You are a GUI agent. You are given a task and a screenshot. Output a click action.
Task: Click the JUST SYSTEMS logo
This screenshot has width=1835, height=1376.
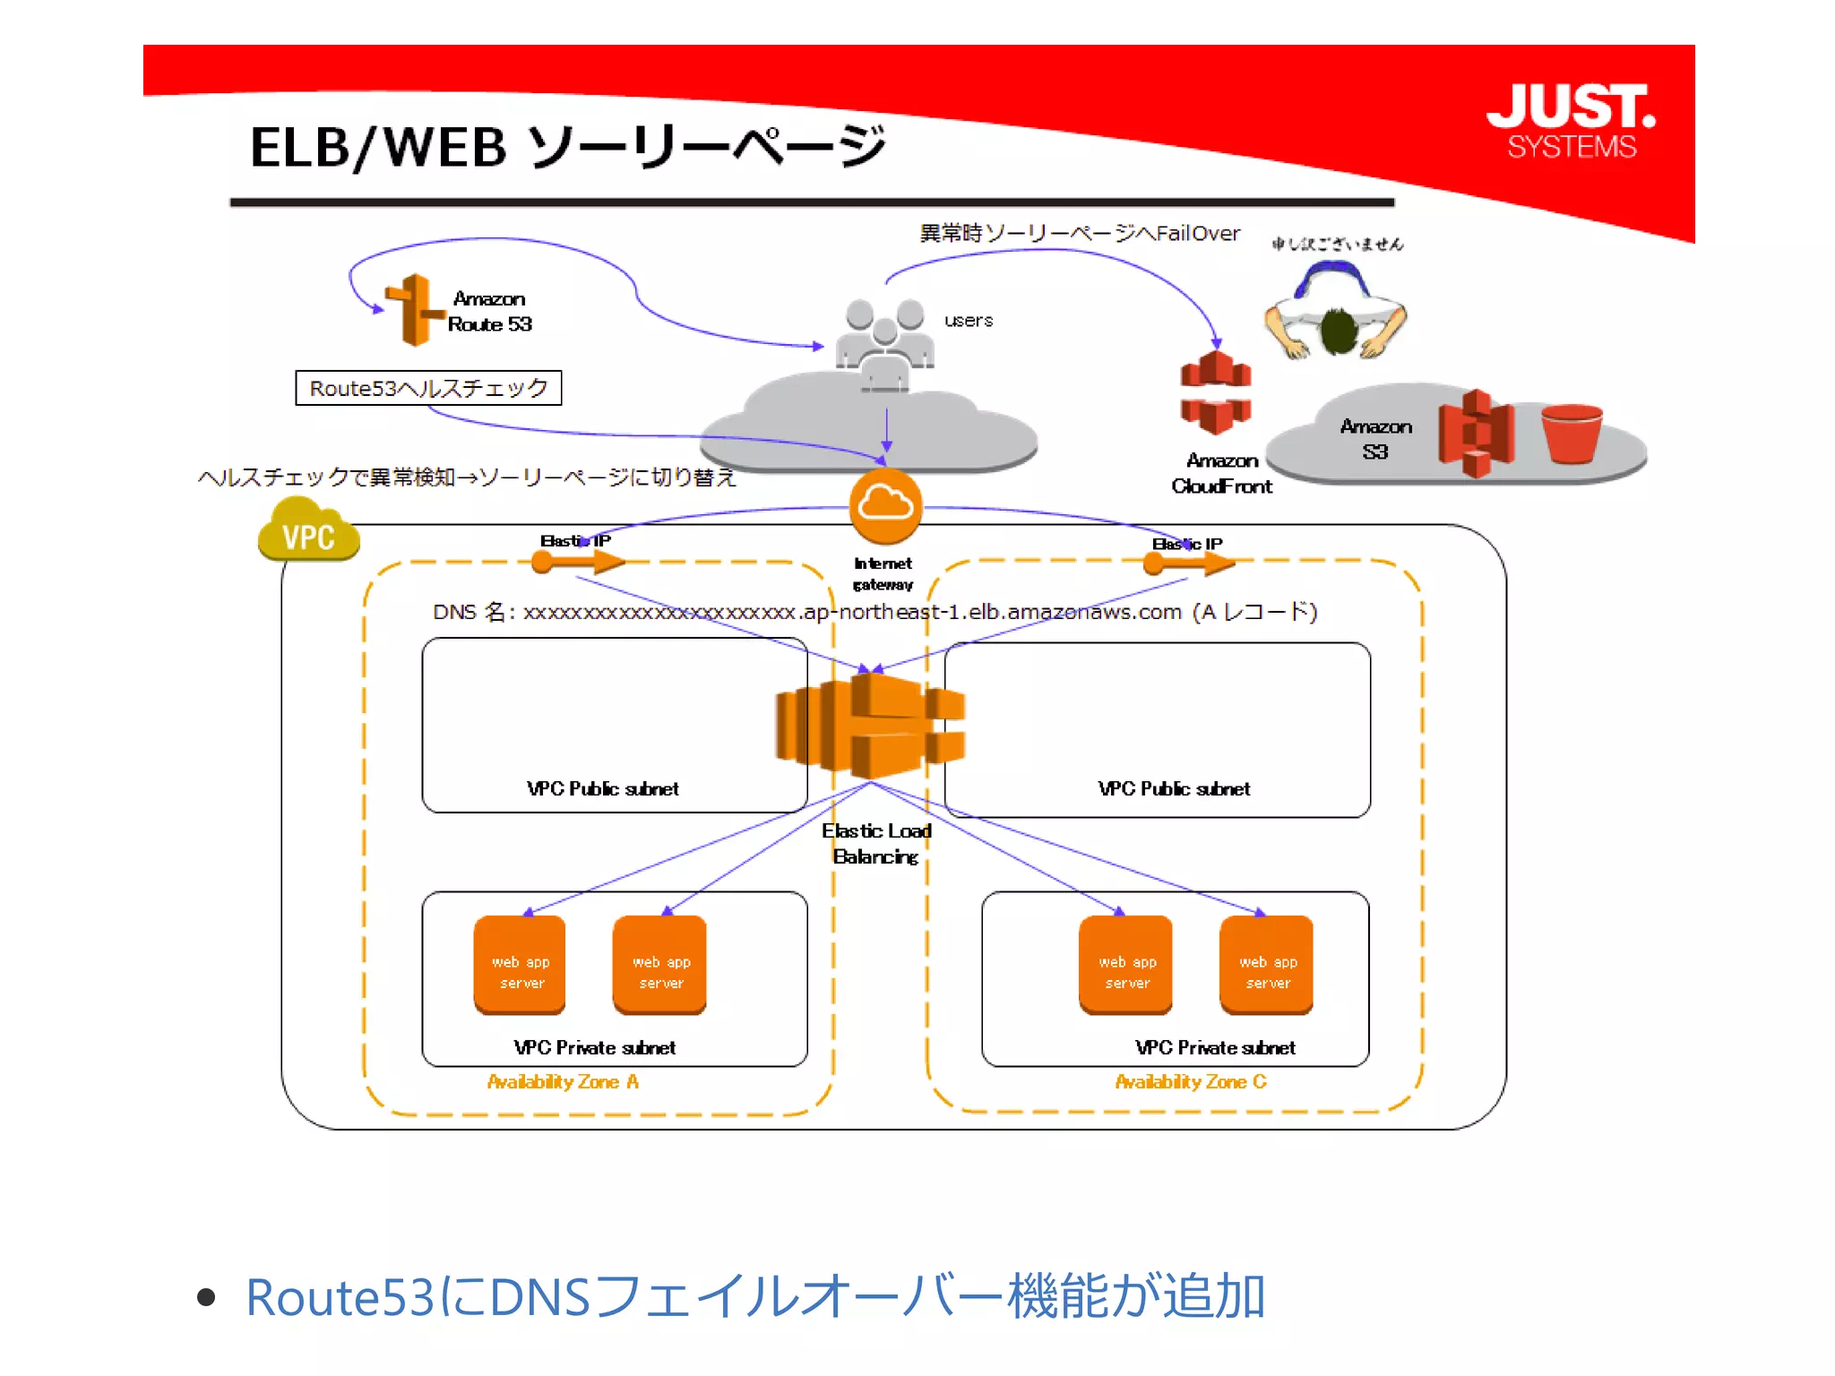(x=1571, y=121)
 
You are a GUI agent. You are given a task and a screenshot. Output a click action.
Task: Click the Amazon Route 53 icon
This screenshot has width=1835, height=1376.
(x=414, y=310)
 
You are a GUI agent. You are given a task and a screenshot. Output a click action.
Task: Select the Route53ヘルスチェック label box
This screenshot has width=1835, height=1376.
(x=428, y=388)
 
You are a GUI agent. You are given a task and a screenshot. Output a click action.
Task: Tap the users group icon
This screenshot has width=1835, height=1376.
(x=884, y=343)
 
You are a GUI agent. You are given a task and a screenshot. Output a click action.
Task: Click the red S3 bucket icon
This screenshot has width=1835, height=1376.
(x=1572, y=434)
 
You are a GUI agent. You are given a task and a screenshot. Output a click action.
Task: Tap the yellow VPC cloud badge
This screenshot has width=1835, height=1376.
(x=308, y=530)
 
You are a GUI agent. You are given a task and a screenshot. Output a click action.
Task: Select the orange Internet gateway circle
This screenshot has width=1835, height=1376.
(x=885, y=506)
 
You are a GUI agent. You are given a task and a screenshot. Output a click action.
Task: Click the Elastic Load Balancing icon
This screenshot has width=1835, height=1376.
(x=869, y=726)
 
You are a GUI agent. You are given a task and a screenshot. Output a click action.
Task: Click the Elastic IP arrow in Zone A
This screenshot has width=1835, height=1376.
(x=578, y=562)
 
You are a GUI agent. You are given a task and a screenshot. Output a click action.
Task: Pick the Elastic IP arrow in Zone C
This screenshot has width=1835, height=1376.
(x=1189, y=563)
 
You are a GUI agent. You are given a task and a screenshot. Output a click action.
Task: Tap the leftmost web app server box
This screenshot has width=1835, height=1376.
(x=520, y=964)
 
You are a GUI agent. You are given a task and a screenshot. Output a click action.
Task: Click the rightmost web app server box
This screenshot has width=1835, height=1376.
(x=1266, y=964)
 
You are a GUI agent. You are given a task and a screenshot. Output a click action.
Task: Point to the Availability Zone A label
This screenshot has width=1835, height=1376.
(x=563, y=1082)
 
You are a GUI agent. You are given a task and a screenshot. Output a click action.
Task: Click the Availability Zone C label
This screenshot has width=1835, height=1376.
(x=1190, y=1082)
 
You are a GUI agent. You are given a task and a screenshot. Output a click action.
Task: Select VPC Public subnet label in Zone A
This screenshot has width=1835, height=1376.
(x=602, y=788)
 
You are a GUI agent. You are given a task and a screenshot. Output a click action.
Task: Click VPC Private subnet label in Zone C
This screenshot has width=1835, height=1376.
(x=1214, y=1047)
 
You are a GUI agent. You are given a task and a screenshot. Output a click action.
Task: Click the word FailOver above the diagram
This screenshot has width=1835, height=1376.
(x=1197, y=234)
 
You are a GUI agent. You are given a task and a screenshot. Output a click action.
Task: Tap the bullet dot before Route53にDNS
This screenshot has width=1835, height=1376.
(x=206, y=1297)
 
